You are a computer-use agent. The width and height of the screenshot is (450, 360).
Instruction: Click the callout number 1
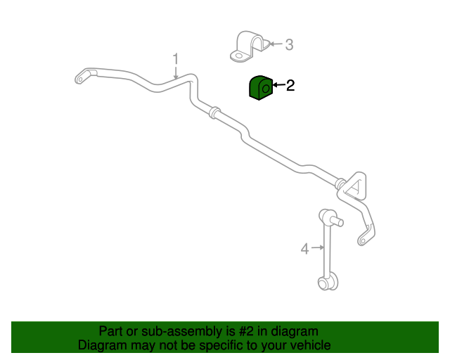click(x=175, y=59)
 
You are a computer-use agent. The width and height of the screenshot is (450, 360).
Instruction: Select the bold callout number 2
click(x=290, y=86)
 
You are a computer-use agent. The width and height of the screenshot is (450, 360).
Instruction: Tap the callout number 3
click(x=289, y=45)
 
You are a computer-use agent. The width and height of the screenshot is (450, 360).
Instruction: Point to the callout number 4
click(x=304, y=249)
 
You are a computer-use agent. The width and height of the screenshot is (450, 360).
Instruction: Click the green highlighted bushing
click(x=260, y=88)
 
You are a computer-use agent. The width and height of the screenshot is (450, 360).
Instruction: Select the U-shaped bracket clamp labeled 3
click(x=249, y=46)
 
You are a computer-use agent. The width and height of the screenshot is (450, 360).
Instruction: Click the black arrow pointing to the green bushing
click(x=279, y=85)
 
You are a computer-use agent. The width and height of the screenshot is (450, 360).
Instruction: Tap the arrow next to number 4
click(x=318, y=247)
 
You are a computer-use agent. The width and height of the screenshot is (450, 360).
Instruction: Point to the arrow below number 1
click(x=176, y=72)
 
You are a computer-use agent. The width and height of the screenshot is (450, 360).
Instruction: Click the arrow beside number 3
click(x=276, y=44)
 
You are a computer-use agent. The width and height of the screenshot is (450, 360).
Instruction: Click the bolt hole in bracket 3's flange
click(x=238, y=56)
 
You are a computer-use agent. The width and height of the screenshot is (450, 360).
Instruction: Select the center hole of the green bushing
click(x=266, y=88)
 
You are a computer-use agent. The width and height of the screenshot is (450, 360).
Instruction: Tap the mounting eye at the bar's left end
click(x=80, y=79)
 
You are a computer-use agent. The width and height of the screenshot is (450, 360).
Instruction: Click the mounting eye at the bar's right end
click(x=363, y=240)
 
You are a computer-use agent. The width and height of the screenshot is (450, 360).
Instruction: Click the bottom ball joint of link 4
click(x=328, y=283)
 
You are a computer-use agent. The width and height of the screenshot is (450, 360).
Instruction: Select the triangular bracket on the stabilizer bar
click(x=355, y=186)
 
